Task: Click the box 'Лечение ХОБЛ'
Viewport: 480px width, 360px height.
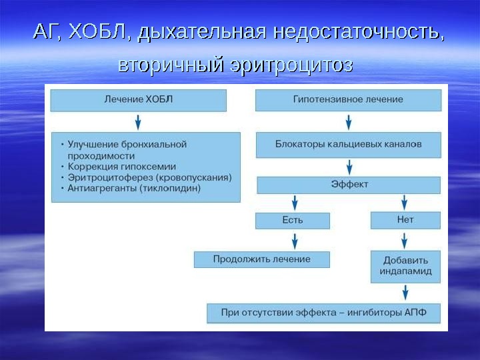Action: (138, 100)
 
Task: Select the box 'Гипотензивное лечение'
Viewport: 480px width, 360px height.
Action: (348, 100)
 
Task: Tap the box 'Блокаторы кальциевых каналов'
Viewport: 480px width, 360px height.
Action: (348, 144)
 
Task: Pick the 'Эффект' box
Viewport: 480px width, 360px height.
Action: (349, 185)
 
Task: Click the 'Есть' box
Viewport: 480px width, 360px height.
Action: (292, 220)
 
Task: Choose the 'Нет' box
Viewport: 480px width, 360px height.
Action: (405, 220)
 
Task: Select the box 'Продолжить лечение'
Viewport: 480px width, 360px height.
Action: (261, 259)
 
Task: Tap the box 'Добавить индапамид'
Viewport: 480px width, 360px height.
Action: (405, 266)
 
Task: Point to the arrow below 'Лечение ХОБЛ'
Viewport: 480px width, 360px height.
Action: (138, 121)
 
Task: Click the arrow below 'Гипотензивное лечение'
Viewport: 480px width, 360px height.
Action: (348, 122)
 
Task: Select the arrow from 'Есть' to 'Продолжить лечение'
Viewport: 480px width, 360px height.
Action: (294, 240)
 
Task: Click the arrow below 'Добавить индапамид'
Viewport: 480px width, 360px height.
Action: (405, 292)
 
